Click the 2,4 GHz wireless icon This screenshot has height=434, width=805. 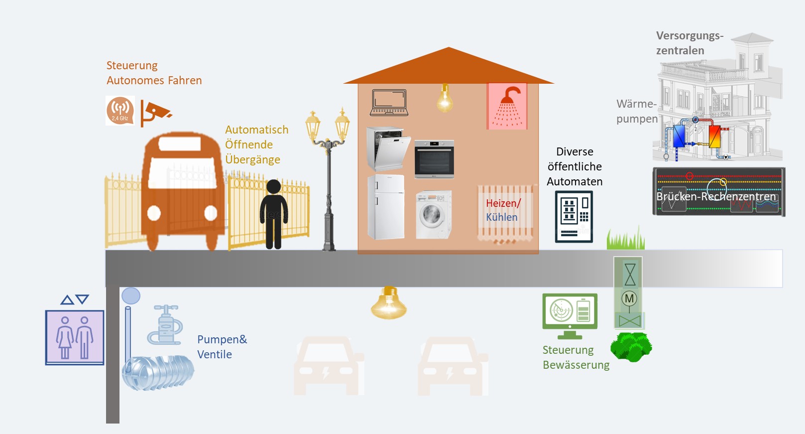(120, 111)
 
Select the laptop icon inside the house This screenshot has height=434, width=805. (389, 103)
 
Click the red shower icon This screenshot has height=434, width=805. (507, 106)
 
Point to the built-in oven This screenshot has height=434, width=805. (434, 159)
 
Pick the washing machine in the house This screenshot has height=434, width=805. (434, 215)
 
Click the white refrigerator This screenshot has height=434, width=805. (386, 207)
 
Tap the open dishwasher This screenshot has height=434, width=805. (388, 148)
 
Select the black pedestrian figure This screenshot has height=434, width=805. (274, 214)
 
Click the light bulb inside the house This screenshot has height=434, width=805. (445, 98)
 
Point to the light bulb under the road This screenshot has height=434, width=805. (389, 303)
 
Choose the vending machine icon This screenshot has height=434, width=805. (574, 216)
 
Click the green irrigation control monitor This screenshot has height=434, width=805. (570, 316)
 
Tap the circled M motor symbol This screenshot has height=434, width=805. (629, 298)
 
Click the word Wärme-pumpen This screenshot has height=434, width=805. (637, 111)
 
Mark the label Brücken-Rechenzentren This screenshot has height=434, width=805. (716, 196)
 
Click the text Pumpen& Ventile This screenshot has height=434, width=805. (222, 347)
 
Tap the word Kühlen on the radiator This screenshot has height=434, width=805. (502, 217)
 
